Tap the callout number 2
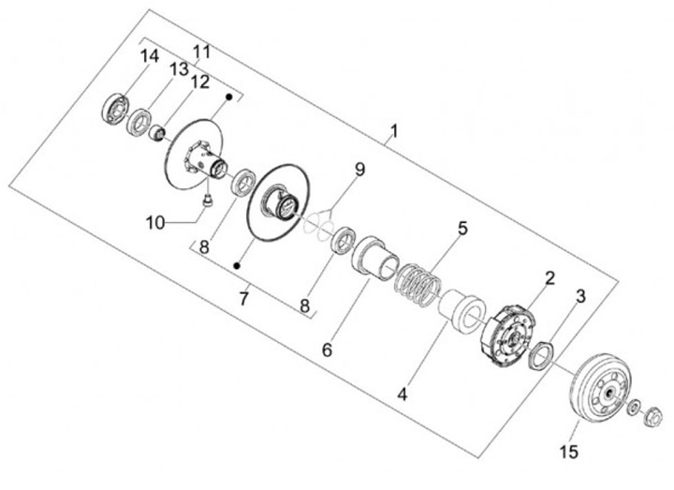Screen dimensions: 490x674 tap(549, 277)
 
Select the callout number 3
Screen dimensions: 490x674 tap(580, 298)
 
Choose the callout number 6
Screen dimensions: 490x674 tap(327, 350)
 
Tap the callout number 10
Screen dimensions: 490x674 tap(155, 222)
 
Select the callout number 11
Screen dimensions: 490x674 tap(202, 51)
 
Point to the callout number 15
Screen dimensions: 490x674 tap(569, 453)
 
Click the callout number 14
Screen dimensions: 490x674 tap(150, 58)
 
